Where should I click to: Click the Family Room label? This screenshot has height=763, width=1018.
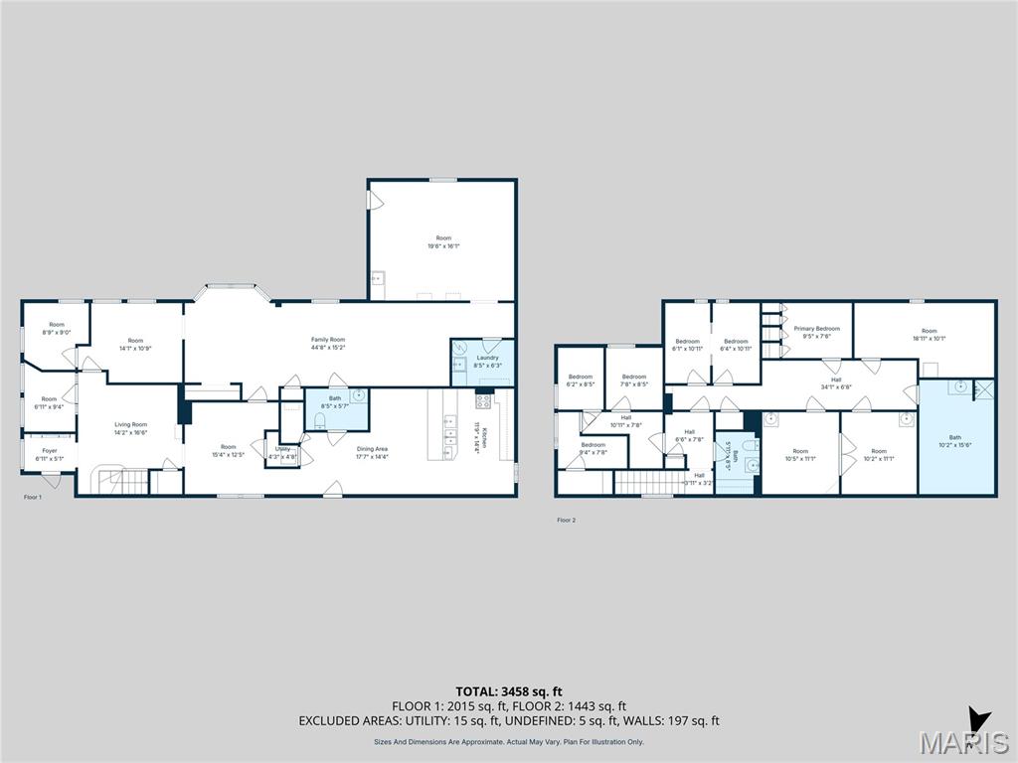tap(328, 340)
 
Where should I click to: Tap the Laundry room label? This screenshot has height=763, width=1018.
tap(487, 358)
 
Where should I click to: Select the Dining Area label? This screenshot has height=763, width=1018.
tap(374, 449)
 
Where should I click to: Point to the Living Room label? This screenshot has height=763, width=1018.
tap(131, 424)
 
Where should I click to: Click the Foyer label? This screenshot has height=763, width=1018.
tap(49, 451)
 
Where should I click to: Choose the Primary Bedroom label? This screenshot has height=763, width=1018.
tap(817, 329)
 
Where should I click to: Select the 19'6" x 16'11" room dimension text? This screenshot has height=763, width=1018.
tap(443, 245)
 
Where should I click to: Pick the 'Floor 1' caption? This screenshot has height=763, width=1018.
tap(33, 497)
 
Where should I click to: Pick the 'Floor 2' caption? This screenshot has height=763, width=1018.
tap(566, 520)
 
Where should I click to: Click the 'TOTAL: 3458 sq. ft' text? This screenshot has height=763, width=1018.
tap(509, 690)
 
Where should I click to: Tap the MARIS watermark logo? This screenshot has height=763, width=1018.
tap(962, 741)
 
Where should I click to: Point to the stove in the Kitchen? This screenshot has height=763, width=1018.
tap(484, 401)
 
